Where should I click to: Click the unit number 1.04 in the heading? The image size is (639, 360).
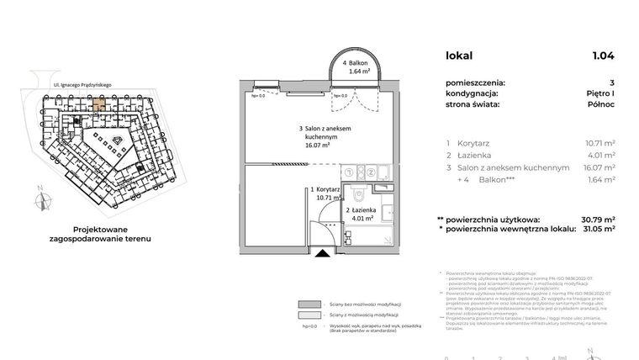602,56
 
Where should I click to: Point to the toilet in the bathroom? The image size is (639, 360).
358,196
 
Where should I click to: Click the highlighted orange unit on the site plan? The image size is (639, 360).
98,103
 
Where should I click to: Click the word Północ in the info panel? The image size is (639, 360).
600,105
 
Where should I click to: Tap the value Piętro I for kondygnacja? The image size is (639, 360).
599,94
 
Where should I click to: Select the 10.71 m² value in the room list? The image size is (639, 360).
599,143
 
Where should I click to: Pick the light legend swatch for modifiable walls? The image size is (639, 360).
309,316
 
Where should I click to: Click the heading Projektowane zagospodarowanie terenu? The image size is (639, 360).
105,233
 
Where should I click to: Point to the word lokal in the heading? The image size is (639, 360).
459,56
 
